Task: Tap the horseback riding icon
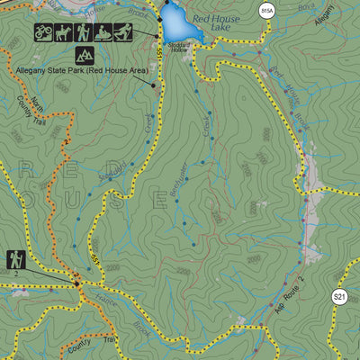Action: pyautogui.click(x=64, y=32)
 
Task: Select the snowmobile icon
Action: pyautogui.click(x=103, y=32)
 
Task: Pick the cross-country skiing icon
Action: pyautogui.click(x=123, y=32)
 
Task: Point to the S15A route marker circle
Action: pyautogui.click(x=265, y=11)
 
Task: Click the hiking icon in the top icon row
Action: pyautogui.click(x=84, y=32)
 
